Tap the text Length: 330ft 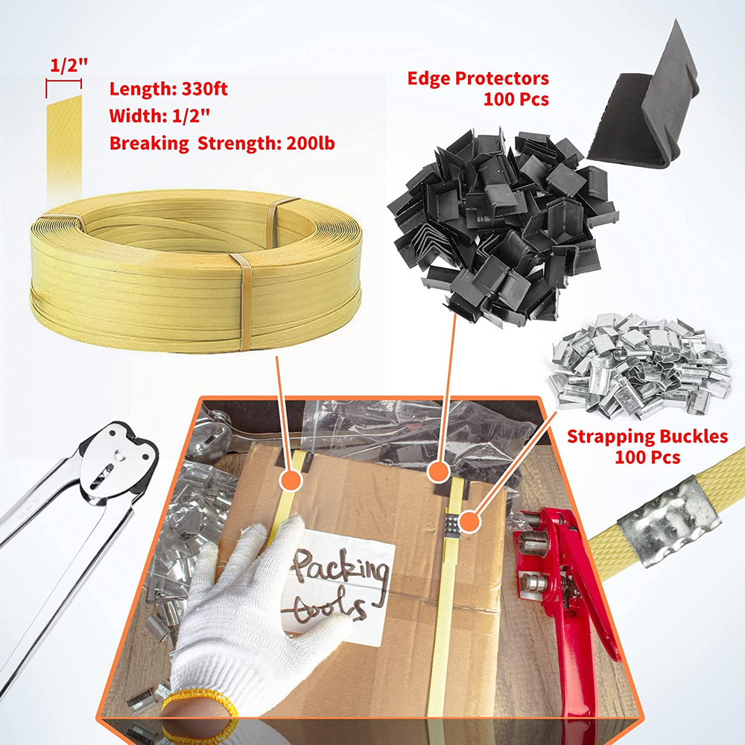click(x=168, y=89)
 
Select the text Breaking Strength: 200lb click(x=222, y=142)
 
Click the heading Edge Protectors click(x=478, y=78)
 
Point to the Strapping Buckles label click(x=647, y=436)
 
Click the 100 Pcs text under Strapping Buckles click(x=647, y=457)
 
